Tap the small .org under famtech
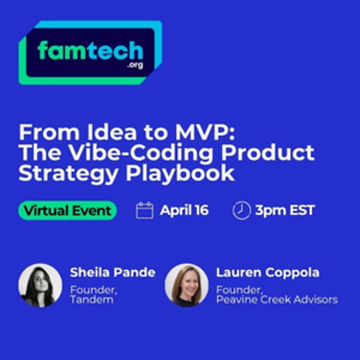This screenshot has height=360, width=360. (x=135, y=66)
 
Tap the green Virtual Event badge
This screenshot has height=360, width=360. (x=67, y=210)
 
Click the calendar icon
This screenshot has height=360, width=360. (x=144, y=210)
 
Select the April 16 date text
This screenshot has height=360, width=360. (x=184, y=210)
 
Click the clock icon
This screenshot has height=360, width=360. (x=241, y=210)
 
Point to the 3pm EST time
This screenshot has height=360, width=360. (x=284, y=210)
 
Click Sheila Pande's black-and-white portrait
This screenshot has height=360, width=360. (x=40, y=285)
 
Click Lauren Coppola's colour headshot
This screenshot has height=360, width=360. (x=186, y=285)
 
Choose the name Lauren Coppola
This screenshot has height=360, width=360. (x=268, y=272)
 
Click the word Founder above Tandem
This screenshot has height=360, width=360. (x=93, y=290)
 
